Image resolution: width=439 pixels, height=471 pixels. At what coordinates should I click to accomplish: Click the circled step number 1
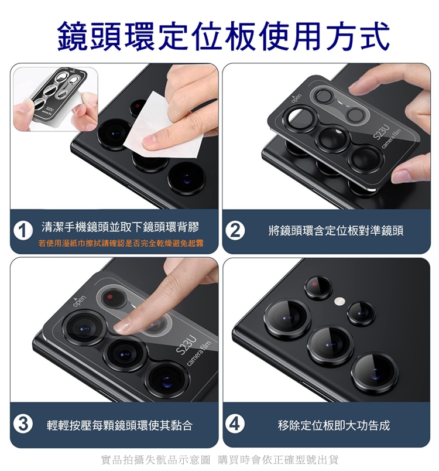click(x=23, y=231)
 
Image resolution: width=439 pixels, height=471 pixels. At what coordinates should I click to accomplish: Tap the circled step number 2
click(x=235, y=231)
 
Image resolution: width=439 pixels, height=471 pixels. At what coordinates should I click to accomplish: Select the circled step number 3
click(x=23, y=425)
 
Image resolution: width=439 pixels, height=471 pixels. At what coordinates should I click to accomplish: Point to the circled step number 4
click(x=235, y=425)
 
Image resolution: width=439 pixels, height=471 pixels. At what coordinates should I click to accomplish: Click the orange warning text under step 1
click(x=121, y=243)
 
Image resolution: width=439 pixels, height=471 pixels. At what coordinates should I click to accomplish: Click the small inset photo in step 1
click(x=56, y=99)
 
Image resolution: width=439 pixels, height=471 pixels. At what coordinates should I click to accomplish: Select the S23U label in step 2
click(x=381, y=132)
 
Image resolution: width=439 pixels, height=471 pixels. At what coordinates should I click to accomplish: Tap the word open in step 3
click(x=80, y=301)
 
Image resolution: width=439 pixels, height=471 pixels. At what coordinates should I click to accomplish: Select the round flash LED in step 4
click(x=339, y=301)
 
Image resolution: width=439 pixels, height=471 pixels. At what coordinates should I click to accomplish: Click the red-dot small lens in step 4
click(x=318, y=288)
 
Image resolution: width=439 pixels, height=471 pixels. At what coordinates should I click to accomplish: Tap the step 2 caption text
click(x=336, y=231)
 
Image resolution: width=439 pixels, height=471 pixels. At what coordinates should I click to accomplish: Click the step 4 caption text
click(x=334, y=425)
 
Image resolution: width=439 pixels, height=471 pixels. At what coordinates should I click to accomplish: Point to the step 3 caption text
click(x=119, y=425)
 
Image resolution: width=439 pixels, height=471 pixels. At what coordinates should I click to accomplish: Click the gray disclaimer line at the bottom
click(x=220, y=460)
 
